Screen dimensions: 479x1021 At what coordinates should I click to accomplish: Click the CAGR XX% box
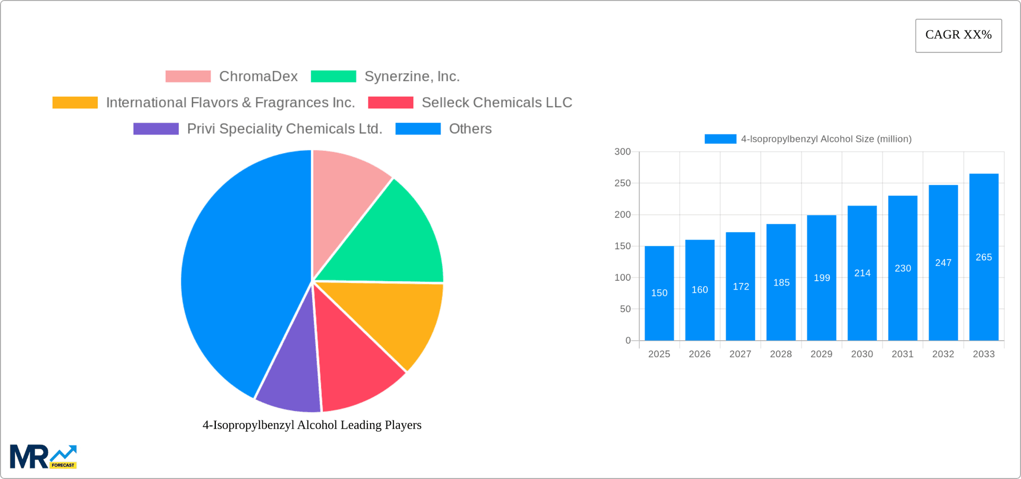[958, 35]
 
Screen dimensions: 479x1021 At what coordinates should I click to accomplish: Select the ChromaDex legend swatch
[188, 76]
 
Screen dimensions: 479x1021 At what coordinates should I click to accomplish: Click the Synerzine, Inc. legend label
[412, 76]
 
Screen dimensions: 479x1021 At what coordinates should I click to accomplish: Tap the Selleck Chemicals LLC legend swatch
[390, 102]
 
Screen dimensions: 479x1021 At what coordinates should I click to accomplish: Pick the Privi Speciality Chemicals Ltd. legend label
[284, 129]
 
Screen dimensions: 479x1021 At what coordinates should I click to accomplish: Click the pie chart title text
[312, 425]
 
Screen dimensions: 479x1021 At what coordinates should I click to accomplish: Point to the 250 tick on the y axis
[622, 183]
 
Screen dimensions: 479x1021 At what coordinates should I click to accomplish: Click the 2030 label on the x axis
[862, 354]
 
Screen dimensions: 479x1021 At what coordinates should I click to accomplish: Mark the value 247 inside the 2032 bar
[943, 263]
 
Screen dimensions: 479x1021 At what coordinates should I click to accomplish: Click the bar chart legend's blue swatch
[720, 139]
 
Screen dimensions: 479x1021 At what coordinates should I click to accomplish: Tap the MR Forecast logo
[43, 457]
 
